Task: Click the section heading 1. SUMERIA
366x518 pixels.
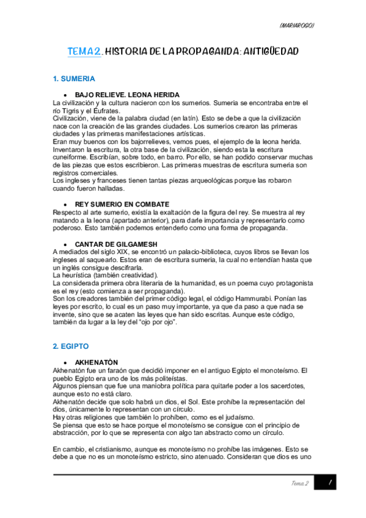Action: [75, 79]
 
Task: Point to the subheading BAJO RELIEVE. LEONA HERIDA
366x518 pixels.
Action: [127, 95]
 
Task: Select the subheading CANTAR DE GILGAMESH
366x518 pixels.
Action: [116, 244]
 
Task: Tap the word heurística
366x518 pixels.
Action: [80, 274]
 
